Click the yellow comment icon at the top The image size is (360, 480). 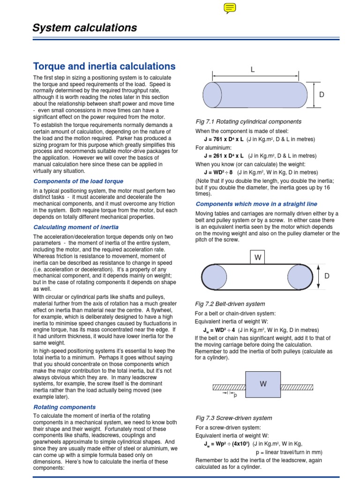[x=230, y=7]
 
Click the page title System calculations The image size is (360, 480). [x=84, y=28]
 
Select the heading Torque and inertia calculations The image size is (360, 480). [x=104, y=66]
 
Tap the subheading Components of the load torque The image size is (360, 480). [x=78, y=181]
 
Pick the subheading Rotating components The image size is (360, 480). [x=64, y=407]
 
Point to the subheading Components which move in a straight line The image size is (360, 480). [x=256, y=204]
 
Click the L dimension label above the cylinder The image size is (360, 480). [x=252, y=70]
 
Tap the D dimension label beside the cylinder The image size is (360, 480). [x=322, y=95]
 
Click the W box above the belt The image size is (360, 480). [x=257, y=257]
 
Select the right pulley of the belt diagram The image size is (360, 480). [x=300, y=277]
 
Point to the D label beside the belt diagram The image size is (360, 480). [x=327, y=276]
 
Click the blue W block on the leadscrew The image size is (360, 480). [x=263, y=384]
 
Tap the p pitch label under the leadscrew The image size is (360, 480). [x=235, y=395]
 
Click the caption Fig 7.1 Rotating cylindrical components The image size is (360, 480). [x=248, y=121]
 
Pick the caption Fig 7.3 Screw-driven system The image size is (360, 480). [x=233, y=418]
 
